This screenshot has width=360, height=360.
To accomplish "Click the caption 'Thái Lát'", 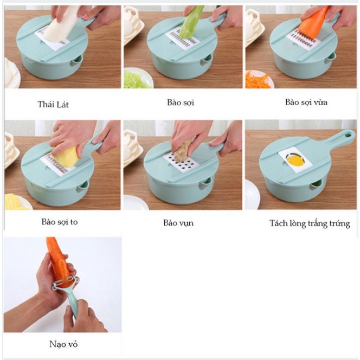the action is pyautogui.click(x=53, y=105).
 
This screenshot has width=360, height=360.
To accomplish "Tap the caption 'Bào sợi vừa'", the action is pyautogui.click(x=306, y=102).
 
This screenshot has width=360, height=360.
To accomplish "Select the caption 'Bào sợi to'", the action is pyautogui.click(x=60, y=222).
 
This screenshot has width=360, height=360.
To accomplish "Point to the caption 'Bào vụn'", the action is pyautogui.click(x=178, y=223).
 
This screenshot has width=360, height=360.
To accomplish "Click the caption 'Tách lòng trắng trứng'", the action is pyautogui.click(x=310, y=223).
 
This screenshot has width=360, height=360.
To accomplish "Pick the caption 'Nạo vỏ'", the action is pyautogui.click(x=63, y=344).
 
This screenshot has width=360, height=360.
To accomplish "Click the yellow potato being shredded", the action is pyautogui.click(x=65, y=157).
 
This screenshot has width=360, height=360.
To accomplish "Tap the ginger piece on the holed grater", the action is pyautogui.click(x=183, y=149).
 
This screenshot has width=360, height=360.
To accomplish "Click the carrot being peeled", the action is pyautogui.click(x=59, y=261).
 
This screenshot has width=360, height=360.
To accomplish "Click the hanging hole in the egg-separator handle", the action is pyautogui.click(x=349, y=133).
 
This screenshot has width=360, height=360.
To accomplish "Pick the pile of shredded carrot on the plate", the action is pyautogui.click(x=258, y=81).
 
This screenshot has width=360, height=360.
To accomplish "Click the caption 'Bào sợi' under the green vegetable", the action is pyautogui.click(x=181, y=102).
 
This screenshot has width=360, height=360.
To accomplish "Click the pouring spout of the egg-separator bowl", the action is pyautogui.click(x=317, y=184).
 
